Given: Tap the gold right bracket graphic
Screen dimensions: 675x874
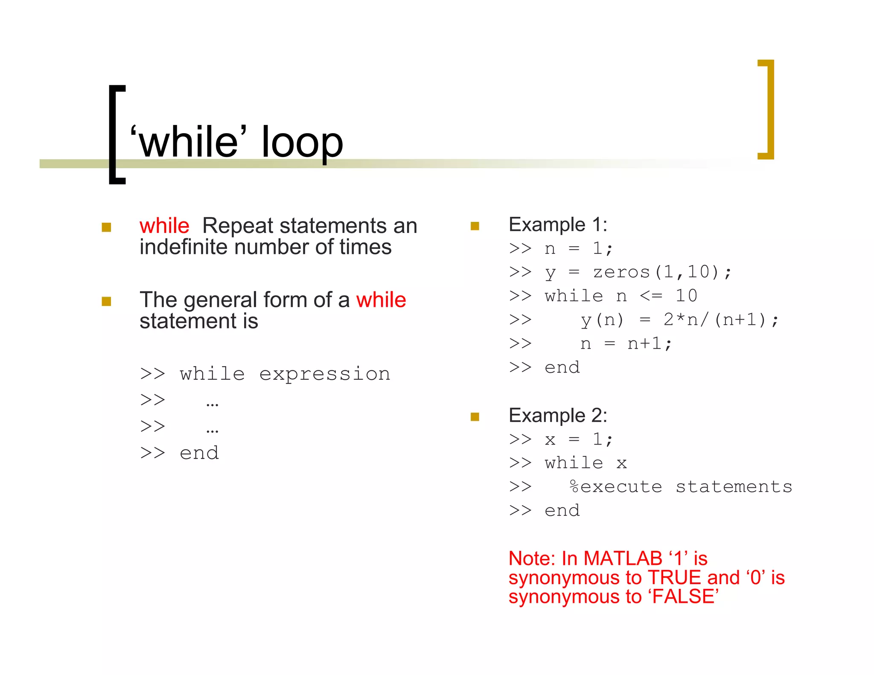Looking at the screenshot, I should (769, 109).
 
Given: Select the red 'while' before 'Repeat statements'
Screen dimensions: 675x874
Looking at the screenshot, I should (164, 225).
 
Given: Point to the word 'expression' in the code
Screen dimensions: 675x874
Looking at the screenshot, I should (324, 374).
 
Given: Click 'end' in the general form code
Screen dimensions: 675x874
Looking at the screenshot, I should (199, 453).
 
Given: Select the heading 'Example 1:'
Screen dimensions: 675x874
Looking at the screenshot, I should (557, 225).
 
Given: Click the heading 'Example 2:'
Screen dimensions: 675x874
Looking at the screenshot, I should (557, 416).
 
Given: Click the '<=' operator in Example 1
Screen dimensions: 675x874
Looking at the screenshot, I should (651, 296).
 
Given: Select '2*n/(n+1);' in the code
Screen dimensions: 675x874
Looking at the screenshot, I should (721, 320).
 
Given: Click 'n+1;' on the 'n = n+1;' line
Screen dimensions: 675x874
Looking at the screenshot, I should (649, 343).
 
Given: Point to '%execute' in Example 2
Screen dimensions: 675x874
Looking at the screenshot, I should (616, 487).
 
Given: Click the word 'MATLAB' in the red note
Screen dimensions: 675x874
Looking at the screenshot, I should (623, 559).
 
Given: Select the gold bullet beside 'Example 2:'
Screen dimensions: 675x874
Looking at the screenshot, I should (475, 416).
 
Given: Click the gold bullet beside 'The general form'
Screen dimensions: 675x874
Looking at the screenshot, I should (106, 301).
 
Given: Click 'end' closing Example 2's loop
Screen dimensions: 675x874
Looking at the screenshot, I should (562, 511).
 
